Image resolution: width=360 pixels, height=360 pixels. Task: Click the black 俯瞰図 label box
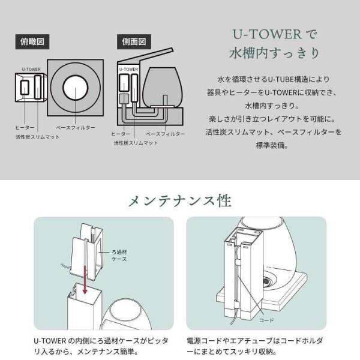(32, 42)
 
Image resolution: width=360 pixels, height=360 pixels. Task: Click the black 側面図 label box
(134, 42)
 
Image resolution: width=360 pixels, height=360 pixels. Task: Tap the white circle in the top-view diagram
(76, 88)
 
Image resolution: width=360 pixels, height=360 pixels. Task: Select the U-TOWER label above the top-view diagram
(31, 69)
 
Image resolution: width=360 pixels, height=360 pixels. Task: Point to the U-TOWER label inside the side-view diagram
(128, 69)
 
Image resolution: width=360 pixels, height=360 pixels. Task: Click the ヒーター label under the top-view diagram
(25, 128)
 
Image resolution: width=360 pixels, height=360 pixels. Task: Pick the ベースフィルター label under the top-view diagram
(76, 128)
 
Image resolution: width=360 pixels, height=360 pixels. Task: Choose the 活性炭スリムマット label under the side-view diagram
(136, 143)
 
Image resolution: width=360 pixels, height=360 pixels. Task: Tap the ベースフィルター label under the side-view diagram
(166, 134)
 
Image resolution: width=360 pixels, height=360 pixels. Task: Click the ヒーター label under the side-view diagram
(121, 134)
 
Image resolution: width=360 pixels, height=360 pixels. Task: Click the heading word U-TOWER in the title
(267, 34)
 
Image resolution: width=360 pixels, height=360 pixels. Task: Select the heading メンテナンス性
(180, 201)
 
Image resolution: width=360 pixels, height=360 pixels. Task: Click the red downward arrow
(85, 280)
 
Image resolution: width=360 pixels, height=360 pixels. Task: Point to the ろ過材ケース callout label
(119, 256)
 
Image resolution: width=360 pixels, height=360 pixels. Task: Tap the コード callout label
(266, 320)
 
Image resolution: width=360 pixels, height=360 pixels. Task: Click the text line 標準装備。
(272, 145)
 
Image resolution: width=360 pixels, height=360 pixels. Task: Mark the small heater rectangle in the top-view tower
(25, 88)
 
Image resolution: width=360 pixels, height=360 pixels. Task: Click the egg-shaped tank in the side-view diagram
(163, 87)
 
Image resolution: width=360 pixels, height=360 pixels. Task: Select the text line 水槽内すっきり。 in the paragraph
(272, 106)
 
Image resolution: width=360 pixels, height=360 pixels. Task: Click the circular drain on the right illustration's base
(267, 281)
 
